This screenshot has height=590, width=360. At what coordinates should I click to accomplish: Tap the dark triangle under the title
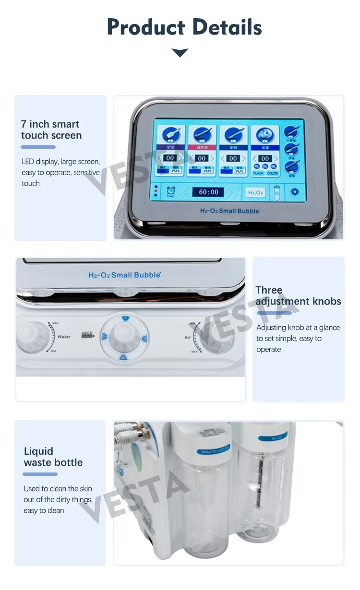click(x=180, y=53)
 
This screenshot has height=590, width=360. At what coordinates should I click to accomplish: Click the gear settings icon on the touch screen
click(x=294, y=192)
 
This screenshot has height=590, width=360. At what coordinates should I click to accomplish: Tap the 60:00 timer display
click(x=208, y=192)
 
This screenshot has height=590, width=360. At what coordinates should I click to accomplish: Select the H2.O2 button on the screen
click(x=254, y=192)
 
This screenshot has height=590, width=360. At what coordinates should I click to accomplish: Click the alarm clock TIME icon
click(x=170, y=191)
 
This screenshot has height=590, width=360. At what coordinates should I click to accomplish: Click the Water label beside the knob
click(x=64, y=337)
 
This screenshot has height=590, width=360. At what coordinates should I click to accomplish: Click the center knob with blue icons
click(x=124, y=336)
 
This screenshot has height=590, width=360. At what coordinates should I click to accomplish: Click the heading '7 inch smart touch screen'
click(x=51, y=130)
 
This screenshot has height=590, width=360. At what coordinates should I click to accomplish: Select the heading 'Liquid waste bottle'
click(x=53, y=457)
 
